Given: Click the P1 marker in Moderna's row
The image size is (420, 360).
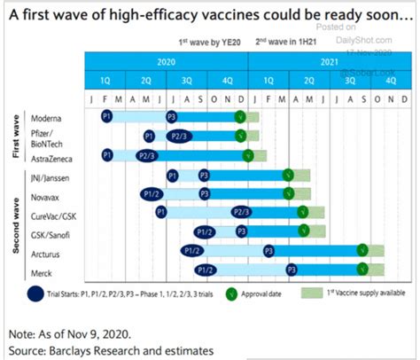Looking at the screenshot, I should (107, 117).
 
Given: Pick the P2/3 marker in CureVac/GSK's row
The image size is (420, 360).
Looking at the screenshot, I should (239, 213).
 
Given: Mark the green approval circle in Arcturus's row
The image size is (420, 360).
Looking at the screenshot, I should (362, 251).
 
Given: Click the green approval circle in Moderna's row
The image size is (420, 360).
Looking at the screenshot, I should (240, 117).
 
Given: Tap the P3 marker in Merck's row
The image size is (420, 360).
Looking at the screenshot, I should (291, 270).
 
